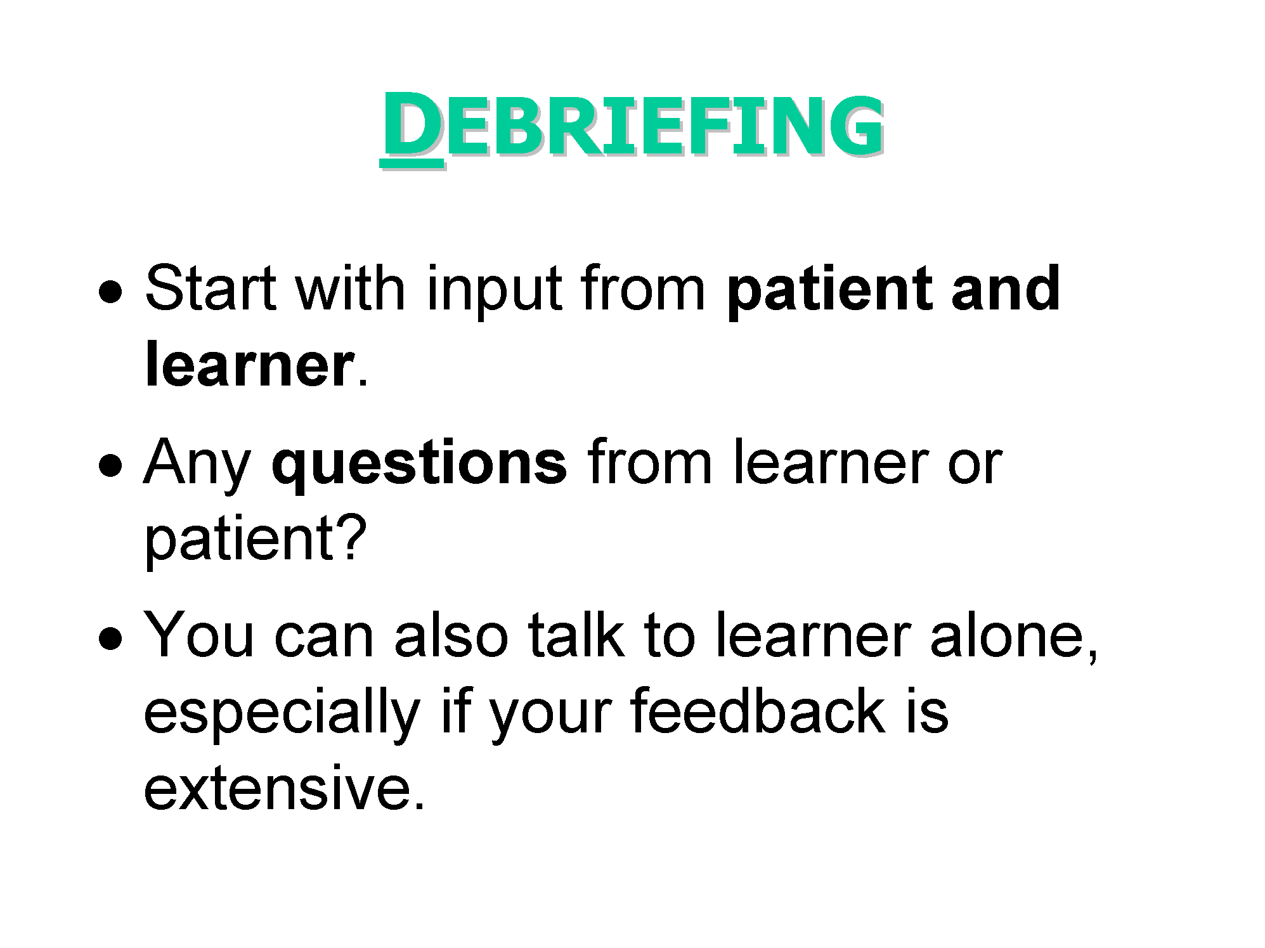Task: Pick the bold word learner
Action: click(x=249, y=365)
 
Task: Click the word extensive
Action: click(x=283, y=789)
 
